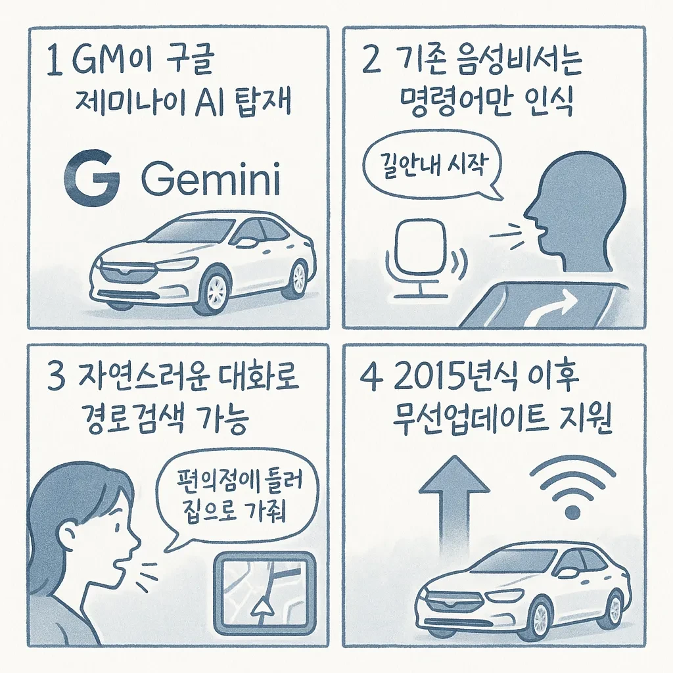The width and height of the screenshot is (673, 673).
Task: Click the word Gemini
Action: click(x=211, y=179)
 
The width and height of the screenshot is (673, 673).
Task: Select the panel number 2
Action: click(x=371, y=61)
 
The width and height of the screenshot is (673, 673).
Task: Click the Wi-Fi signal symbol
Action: click(x=572, y=486)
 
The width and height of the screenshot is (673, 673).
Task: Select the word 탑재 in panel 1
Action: click(x=264, y=102)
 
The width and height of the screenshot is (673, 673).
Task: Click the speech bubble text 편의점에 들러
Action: click(x=239, y=482)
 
